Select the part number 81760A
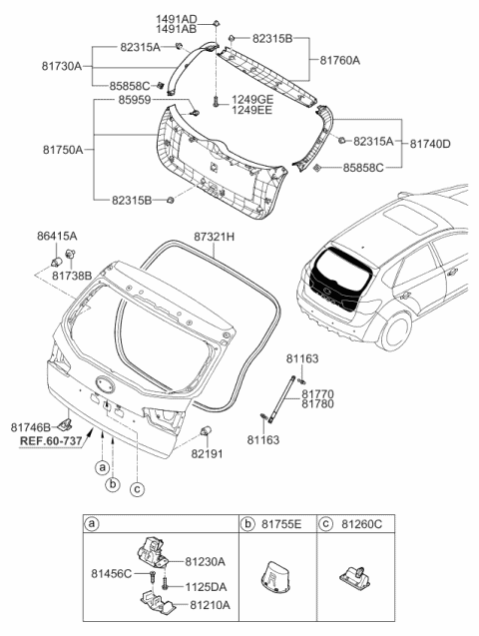pos(340,60)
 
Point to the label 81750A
pos(63,150)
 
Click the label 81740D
pos(431,144)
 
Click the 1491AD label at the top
pos(177,19)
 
